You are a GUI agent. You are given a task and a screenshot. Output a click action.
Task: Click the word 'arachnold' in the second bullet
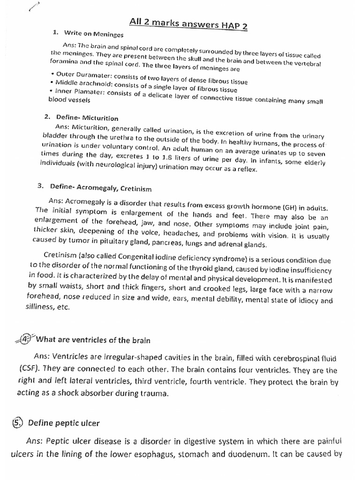point(101,82)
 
